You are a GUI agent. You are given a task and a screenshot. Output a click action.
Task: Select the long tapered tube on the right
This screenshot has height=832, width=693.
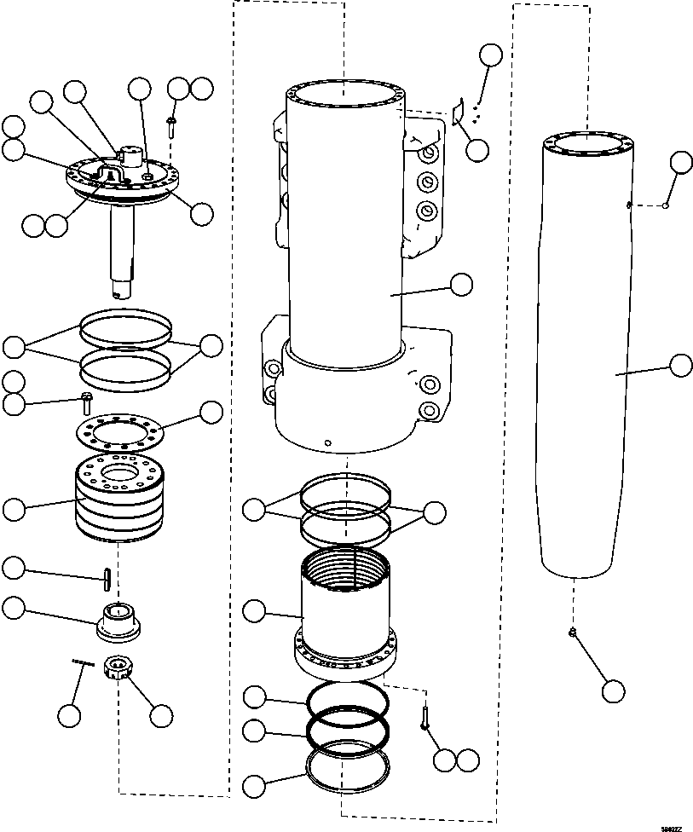pyautogui.click(x=588, y=358)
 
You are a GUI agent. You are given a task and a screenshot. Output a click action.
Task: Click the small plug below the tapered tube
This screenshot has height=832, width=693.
pyautogui.click(x=573, y=632)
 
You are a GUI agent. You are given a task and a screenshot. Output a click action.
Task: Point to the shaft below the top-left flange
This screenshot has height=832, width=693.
pyautogui.click(x=122, y=247)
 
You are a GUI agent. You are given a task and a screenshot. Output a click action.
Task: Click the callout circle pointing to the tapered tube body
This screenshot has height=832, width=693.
pyautogui.click(x=680, y=366)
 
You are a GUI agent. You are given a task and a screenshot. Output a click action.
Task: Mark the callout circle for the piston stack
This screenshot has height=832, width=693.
pyautogui.click(x=14, y=510)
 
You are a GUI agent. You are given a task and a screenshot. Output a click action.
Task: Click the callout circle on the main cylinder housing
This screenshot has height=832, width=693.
pyautogui.click(x=461, y=285)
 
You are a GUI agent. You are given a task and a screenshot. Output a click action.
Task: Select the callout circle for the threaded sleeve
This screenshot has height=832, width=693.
pyautogui.click(x=254, y=610)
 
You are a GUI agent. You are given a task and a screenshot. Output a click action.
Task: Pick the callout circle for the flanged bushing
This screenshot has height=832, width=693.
pyautogui.click(x=14, y=608)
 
